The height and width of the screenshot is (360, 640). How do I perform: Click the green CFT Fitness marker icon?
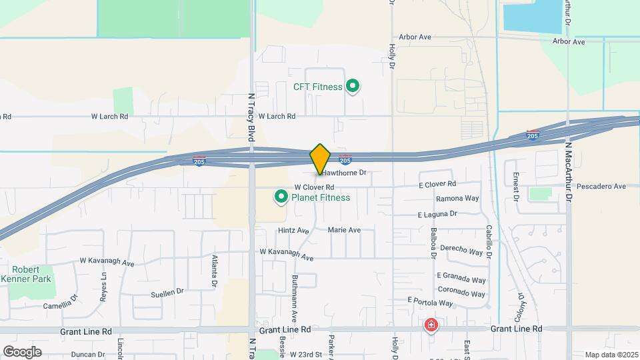pyautogui.click(x=353, y=86)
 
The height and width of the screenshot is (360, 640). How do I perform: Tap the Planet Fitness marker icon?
pyautogui.click(x=281, y=197)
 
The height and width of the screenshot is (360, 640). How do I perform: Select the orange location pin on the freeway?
pyautogui.click(x=321, y=159)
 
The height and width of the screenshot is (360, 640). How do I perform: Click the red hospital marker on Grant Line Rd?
pyautogui.click(x=431, y=325)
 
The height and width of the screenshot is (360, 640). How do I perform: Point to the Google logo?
pyautogui.click(x=22, y=351)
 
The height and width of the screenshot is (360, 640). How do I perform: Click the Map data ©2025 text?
pyautogui.click(x=611, y=355)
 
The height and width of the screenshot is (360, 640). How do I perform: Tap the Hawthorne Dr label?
pyautogui.click(x=345, y=173)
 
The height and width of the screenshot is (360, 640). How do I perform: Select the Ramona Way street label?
pyautogui.click(x=457, y=199)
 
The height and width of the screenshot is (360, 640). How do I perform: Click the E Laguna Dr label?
pyautogui.click(x=437, y=214)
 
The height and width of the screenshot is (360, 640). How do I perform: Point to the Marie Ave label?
pyautogui.click(x=344, y=230)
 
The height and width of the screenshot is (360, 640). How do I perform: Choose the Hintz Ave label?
pyautogui.click(x=293, y=231)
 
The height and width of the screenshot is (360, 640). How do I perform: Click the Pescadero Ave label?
pyautogui.click(x=601, y=186)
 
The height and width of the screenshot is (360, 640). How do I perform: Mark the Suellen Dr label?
pyautogui.click(x=167, y=292)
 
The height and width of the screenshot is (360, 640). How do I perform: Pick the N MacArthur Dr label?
pyautogui.click(x=569, y=172)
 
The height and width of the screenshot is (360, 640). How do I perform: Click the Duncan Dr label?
pyautogui.click(x=88, y=355)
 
